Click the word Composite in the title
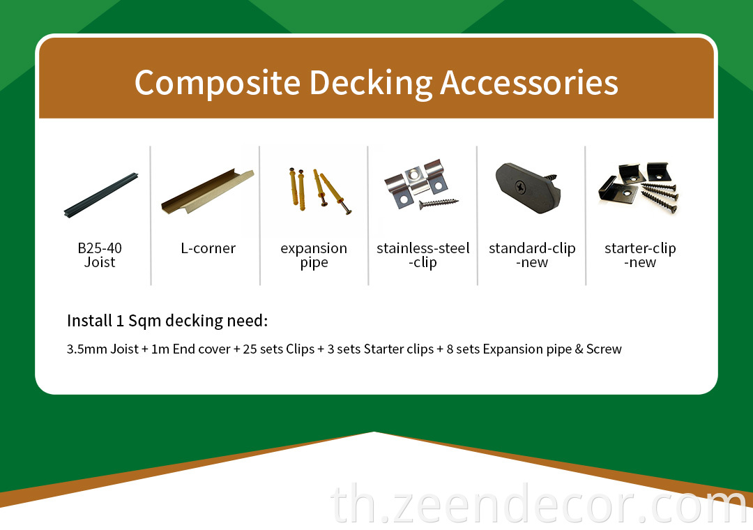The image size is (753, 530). (218, 83)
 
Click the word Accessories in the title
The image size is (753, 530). (528, 82)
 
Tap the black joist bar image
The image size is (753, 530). (101, 195)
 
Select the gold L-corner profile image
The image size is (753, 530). (208, 191)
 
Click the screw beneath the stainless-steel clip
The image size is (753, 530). (439, 204)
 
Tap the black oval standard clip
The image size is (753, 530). (528, 188)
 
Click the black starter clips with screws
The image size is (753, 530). (639, 188)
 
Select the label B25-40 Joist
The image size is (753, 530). (100, 255)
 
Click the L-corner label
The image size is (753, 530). (208, 248)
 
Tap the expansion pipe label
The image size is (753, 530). (314, 256)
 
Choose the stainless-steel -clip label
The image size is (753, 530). (423, 256)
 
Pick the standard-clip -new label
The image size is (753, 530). (532, 255)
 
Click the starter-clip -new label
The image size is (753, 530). (640, 255)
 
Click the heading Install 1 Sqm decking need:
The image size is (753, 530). (167, 321)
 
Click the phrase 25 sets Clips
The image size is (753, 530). (278, 349)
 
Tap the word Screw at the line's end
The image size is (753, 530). (604, 349)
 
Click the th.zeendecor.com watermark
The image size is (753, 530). (539, 504)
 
